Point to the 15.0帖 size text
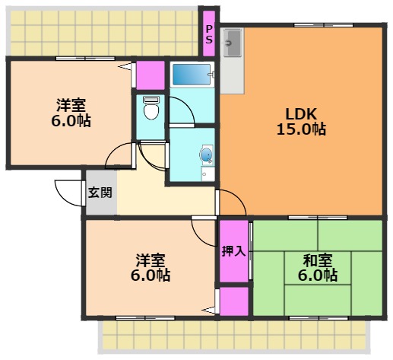301,129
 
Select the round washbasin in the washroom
206,156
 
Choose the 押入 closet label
233,251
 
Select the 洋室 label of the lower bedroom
150,260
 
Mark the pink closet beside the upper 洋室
151,75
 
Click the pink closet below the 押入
233,301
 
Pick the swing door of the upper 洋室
120,157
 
